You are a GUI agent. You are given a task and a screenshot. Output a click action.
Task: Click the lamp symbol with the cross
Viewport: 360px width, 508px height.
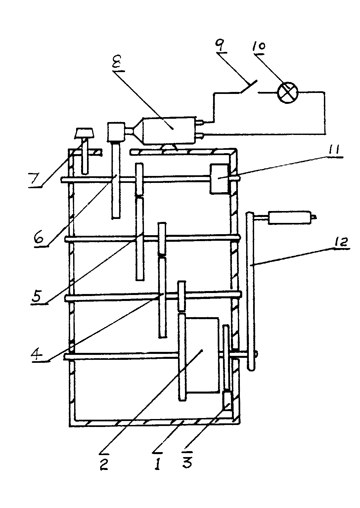(x=288, y=93)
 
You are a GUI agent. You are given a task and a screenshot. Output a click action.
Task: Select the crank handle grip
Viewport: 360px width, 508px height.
(x=290, y=218)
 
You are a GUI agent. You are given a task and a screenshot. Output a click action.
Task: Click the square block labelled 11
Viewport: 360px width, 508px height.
(x=219, y=179)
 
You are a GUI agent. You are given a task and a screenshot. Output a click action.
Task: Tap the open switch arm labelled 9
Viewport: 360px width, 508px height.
(x=249, y=86)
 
